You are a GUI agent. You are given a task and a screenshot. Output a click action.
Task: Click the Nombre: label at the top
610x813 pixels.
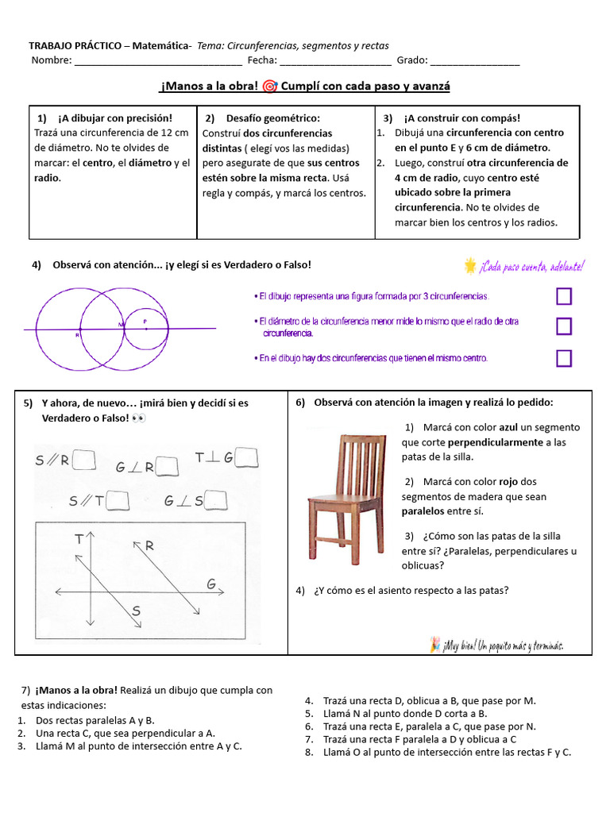(52, 60)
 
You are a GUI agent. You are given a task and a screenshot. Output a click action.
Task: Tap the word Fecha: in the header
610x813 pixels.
(261, 60)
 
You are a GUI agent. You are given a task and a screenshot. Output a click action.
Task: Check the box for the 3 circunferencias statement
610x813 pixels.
(564, 297)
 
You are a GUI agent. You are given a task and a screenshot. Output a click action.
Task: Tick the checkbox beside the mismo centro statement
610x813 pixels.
(564, 358)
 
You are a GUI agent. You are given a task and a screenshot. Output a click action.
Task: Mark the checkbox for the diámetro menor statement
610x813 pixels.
(564, 326)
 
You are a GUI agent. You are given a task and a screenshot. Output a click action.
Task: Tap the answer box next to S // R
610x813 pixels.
(84, 460)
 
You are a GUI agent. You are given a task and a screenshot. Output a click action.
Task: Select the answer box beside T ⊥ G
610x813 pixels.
(248, 457)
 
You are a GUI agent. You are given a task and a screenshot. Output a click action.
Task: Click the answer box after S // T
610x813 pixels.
(118, 499)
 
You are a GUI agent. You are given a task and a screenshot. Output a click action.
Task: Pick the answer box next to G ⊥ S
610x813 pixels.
(215, 500)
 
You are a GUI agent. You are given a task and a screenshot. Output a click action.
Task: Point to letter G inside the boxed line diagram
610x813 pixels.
(211, 585)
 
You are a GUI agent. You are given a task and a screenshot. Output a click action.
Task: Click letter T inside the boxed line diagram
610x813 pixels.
(79, 540)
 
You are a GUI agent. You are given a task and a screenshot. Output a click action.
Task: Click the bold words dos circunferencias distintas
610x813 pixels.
(267, 141)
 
